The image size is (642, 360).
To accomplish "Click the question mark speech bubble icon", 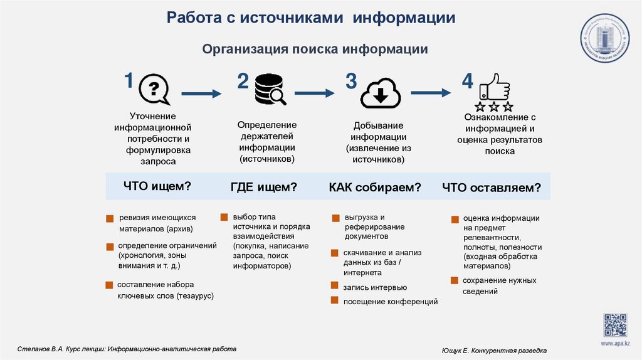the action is (154, 89).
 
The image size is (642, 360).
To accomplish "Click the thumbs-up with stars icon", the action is (495, 93).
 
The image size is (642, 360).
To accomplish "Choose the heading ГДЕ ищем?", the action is (263, 187).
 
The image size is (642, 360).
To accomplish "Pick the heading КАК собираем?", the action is (374, 188).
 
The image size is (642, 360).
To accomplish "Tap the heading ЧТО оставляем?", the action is (491, 188).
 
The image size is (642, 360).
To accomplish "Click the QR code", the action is (615, 325).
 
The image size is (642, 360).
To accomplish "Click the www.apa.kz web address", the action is (615, 344).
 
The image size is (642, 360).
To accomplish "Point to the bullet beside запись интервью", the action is (335, 287).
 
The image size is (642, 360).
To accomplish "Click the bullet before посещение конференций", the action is (335, 301).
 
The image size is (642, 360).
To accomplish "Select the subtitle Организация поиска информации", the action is (315, 49).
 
